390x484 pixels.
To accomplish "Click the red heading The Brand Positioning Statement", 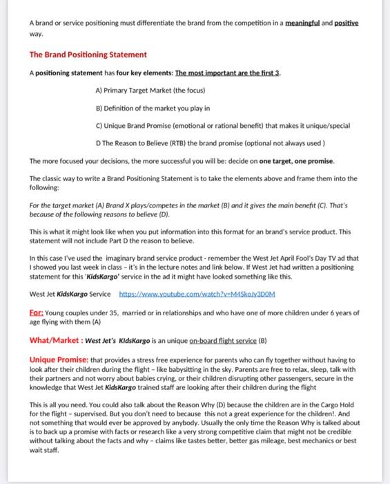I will click(x=88, y=55).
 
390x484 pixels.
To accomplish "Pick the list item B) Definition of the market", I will click(x=153, y=108).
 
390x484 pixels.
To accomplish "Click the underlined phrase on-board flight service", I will click(x=222, y=340).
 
